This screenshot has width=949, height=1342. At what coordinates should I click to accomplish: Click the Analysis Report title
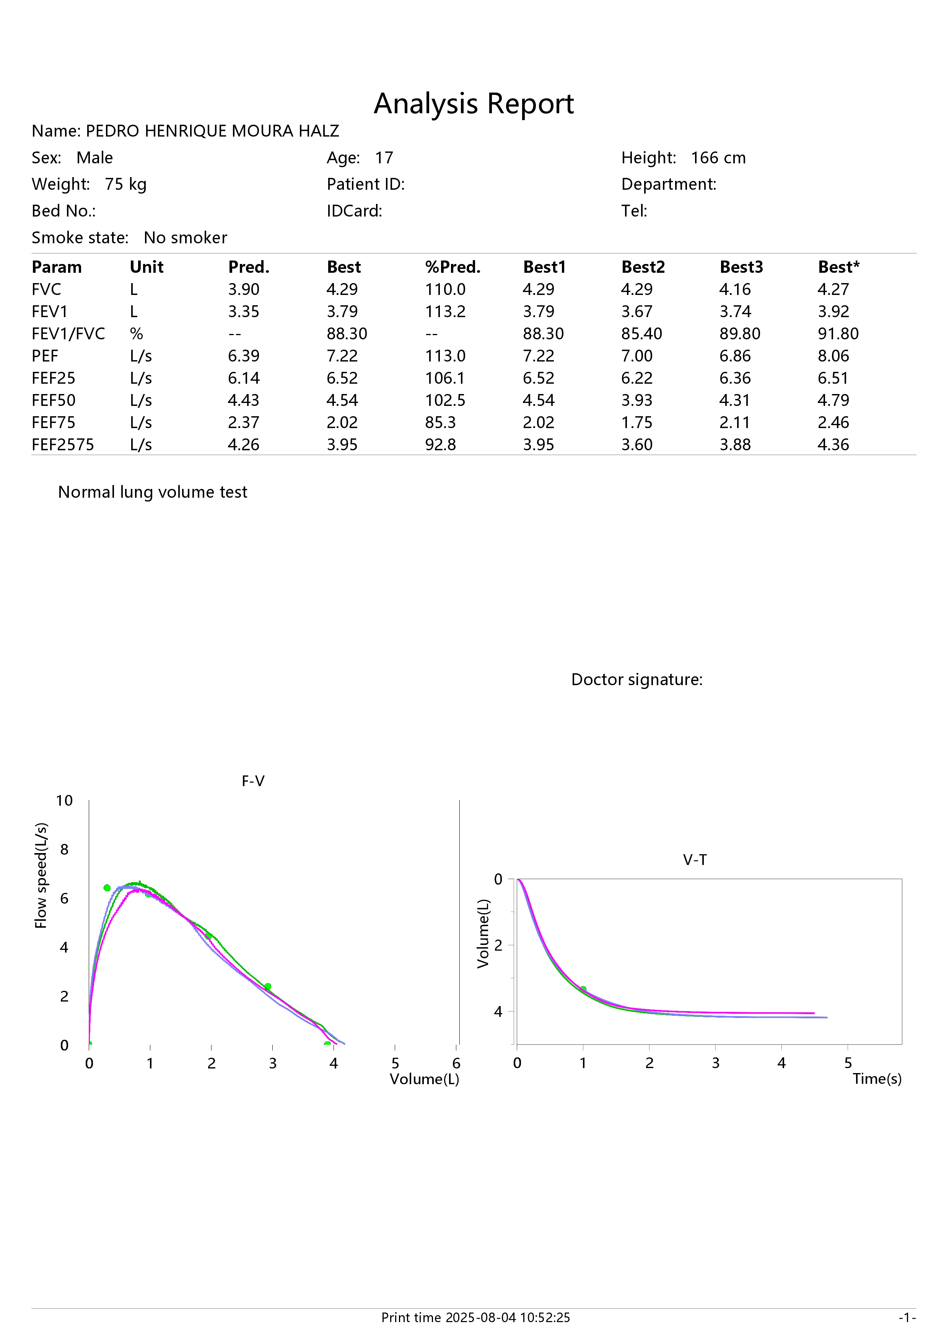pos(474,104)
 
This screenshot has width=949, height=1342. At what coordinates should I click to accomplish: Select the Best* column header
pos(838,267)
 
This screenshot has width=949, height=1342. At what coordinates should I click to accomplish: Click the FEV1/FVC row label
pos(68,334)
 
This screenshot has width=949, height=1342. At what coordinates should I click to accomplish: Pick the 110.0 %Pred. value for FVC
pos(445,289)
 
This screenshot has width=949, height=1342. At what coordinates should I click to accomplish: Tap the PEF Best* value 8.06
pos(833,356)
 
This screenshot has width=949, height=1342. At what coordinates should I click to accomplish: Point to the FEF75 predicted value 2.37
pos(244,423)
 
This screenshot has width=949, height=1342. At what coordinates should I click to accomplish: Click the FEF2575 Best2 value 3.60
pos(637,445)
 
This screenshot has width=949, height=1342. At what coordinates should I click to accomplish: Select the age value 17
pos(384,158)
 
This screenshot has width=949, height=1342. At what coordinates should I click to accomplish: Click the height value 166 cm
pos(718,158)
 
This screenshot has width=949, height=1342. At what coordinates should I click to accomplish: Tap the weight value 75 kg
pos(125,185)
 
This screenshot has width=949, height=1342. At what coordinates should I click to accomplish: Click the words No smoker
pos(185,238)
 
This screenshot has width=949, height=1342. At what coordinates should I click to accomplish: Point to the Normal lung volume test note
pos(153,492)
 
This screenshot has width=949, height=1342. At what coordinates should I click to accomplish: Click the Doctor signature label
pos(637,680)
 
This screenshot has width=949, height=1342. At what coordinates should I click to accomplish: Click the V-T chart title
pos(695,860)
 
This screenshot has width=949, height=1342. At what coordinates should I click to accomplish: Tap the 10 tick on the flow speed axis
pos(64,801)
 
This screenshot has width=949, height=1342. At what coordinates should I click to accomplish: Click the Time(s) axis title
pos(877,1078)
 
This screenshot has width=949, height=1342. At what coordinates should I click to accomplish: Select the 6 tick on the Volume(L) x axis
pos(456,1063)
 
